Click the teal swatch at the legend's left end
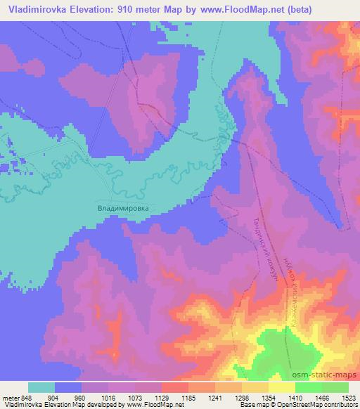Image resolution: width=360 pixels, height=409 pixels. pyautogui.click(x=41, y=387)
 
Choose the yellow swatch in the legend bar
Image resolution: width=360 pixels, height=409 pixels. pyautogui.click(x=282, y=387)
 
